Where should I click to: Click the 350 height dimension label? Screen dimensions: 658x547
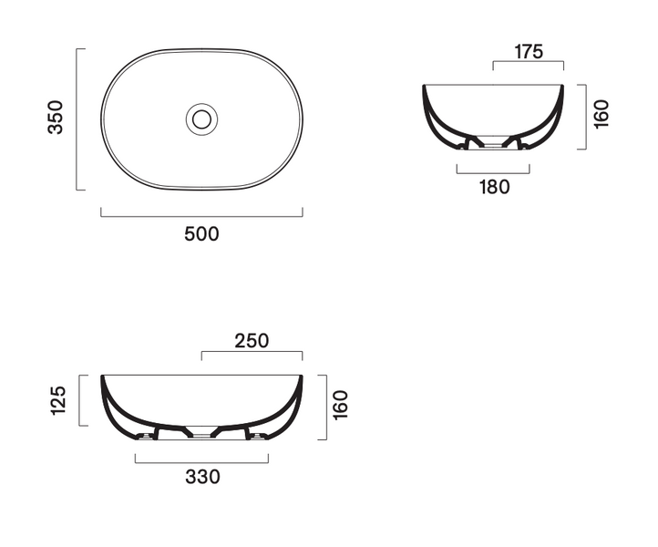(x=56, y=117)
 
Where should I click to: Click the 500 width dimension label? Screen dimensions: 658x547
(x=201, y=233)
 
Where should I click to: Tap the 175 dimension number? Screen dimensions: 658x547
(x=529, y=52)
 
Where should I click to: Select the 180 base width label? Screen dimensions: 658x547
(x=495, y=187)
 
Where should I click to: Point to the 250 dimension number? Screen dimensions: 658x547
(x=252, y=341)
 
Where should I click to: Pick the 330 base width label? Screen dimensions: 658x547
(x=202, y=477)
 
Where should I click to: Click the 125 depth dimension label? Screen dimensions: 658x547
(x=58, y=400)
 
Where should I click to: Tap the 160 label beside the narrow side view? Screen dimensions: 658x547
(x=601, y=114)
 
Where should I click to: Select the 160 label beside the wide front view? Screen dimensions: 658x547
(x=340, y=405)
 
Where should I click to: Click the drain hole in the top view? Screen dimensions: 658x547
(x=201, y=119)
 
